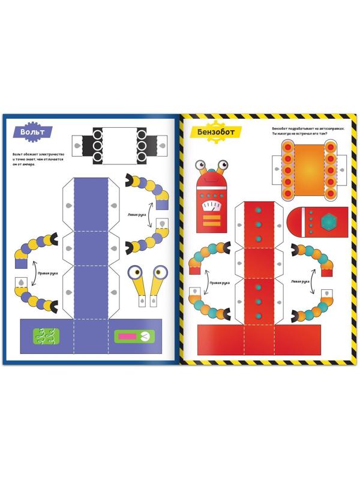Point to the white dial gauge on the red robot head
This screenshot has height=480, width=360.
click(212, 206)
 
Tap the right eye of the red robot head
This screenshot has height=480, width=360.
click(223, 163)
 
